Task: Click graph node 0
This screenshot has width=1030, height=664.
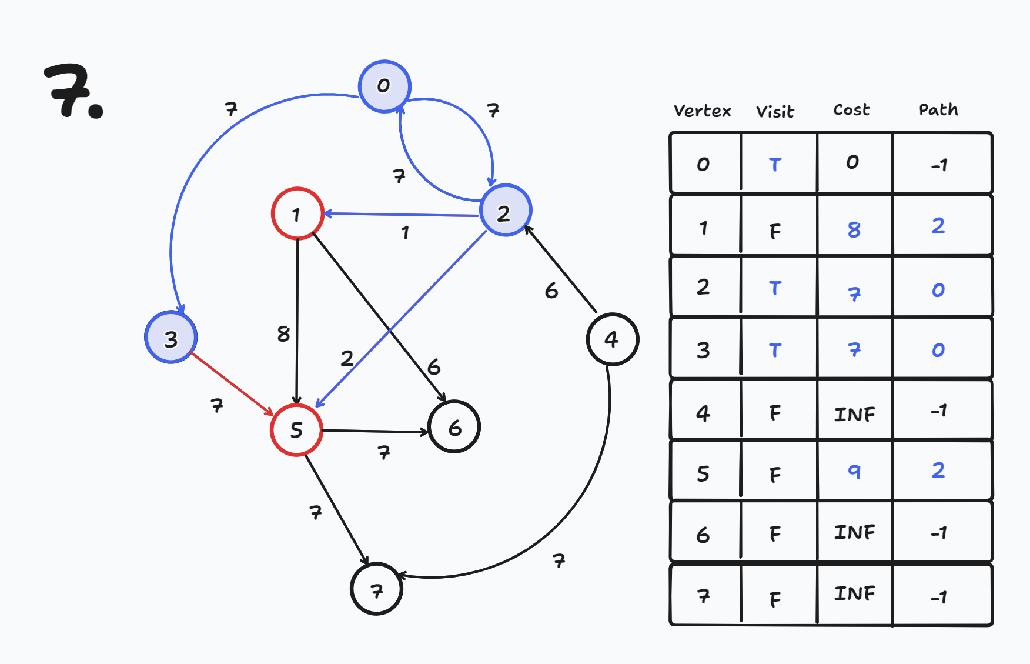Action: click(x=384, y=86)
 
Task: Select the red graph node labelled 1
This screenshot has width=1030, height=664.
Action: click(x=297, y=213)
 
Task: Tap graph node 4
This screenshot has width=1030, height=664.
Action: click(x=612, y=339)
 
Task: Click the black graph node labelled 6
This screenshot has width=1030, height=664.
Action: click(x=454, y=427)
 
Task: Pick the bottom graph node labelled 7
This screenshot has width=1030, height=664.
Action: click(x=376, y=589)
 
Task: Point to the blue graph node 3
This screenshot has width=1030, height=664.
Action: click(x=171, y=338)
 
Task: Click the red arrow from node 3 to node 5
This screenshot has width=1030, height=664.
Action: click(x=232, y=383)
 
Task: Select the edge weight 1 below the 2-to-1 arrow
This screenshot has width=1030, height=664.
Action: click(x=405, y=233)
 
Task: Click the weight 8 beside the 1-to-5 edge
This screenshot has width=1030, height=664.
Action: click(x=283, y=334)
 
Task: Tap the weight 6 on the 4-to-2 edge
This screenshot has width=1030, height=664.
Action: click(x=551, y=291)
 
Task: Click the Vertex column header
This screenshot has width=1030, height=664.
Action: click(x=702, y=111)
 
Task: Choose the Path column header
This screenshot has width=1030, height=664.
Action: click(x=938, y=110)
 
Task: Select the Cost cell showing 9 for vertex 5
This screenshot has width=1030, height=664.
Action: click(x=854, y=471)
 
